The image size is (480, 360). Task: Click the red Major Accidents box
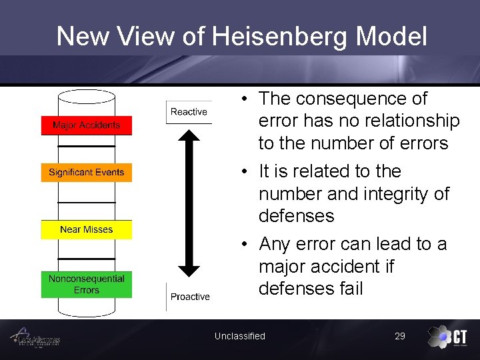pyautogui.click(x=87, y=125)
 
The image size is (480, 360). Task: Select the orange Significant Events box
pyautogui.click(x=87, y=173)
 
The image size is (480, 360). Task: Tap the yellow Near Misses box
pyautogui.click(x=87, y=230)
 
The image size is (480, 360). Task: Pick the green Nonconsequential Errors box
pyautogui.click(x=87, y=284)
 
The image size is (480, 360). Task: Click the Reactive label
pyautogui.click(x=189, y=112)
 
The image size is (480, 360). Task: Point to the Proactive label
pyautogui.click(x=190, y=297)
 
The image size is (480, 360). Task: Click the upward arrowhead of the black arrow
pyautogui.click(x=189, y=135)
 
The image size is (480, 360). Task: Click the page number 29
pyautogui.click(x=400, y=336)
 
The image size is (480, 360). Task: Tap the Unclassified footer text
pyautogui.click(x=240, y=336)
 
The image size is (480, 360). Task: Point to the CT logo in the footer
pyautogui.click(x=447, y=337)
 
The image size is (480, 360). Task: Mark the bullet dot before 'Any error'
pyautogui.click(x=246, y=244)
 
